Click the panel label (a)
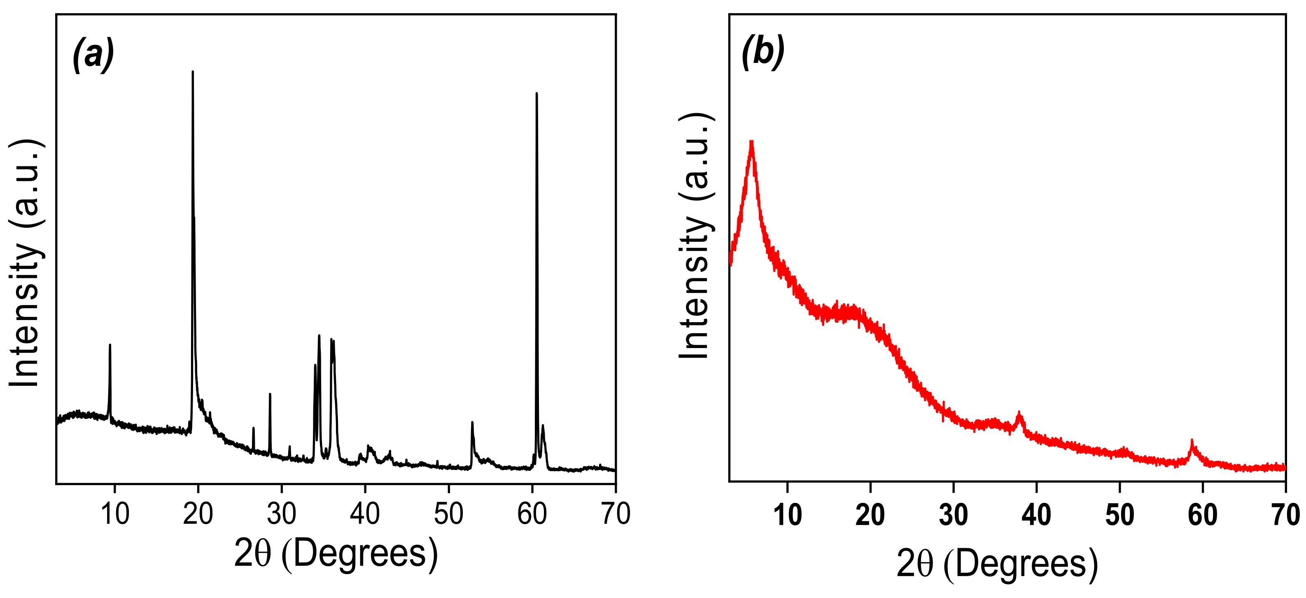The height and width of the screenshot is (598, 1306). (93, 54)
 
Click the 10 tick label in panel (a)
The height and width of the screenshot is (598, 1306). (115, 514)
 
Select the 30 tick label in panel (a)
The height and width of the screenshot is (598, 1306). (281, 514)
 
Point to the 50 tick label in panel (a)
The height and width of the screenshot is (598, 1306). (448, 514)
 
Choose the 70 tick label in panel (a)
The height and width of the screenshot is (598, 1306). (615, 514)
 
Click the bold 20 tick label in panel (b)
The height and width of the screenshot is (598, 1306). (870, 515)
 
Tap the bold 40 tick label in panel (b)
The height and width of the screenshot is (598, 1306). (1036, 515)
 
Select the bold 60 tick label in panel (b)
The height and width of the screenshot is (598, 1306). (1203, 515)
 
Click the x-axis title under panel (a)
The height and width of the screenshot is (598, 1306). (336, 554)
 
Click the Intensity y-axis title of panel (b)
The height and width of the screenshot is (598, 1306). (695, 236)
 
